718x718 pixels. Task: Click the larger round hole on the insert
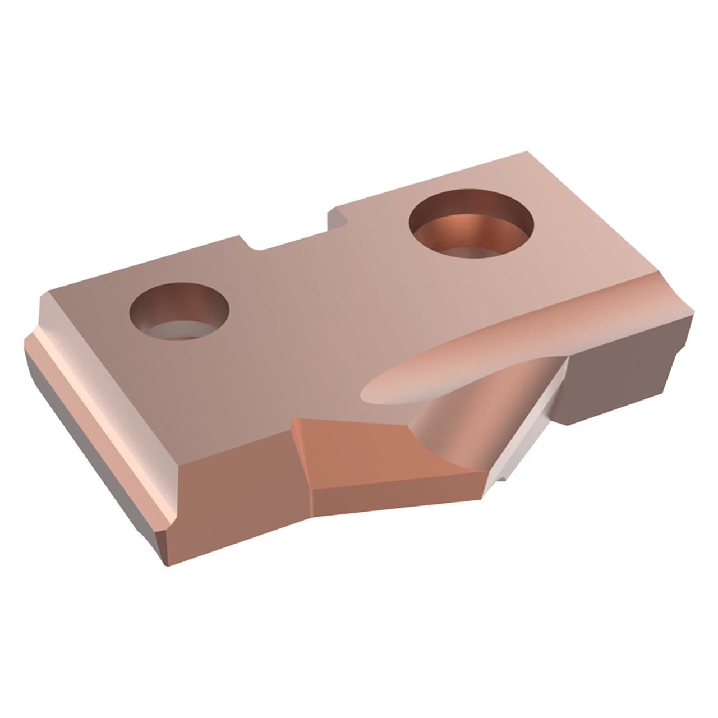click(x=471, y=224)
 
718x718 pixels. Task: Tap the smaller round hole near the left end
click(x=179, y=311)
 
